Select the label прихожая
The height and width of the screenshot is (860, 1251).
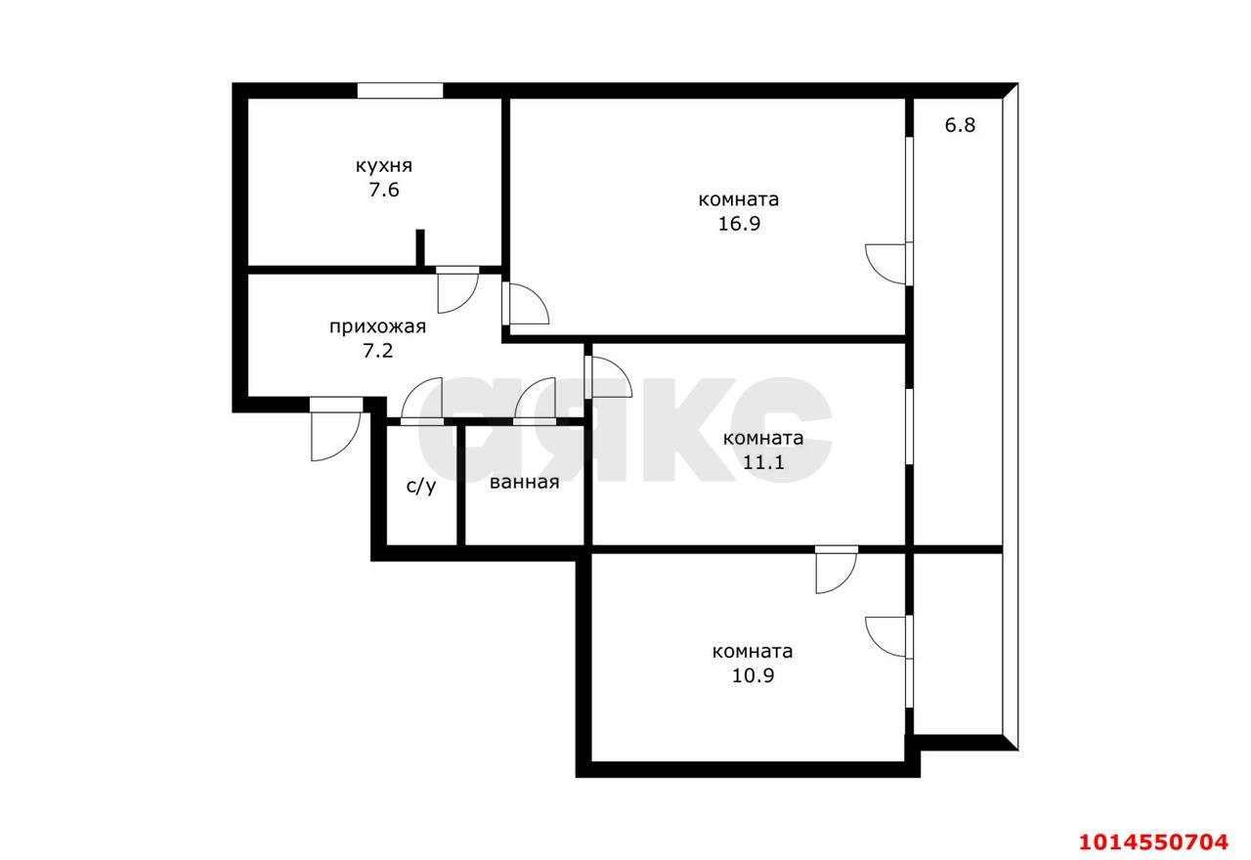click(x=377, y=327)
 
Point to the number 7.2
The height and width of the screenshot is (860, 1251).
click(x=377, y=351)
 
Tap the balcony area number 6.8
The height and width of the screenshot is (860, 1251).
click(x=960, y=126)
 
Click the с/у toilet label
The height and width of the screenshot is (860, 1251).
click(x=421, y=486)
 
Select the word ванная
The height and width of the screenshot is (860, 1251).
click(x=525, y=482)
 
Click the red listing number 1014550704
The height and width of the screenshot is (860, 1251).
click(x=1152, y=840)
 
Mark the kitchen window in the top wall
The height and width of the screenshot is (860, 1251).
click(x=400, y=91)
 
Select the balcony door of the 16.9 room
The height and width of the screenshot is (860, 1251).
click(x=890, y=262)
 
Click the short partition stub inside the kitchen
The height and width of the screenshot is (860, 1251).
click(x=420, y=247)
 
